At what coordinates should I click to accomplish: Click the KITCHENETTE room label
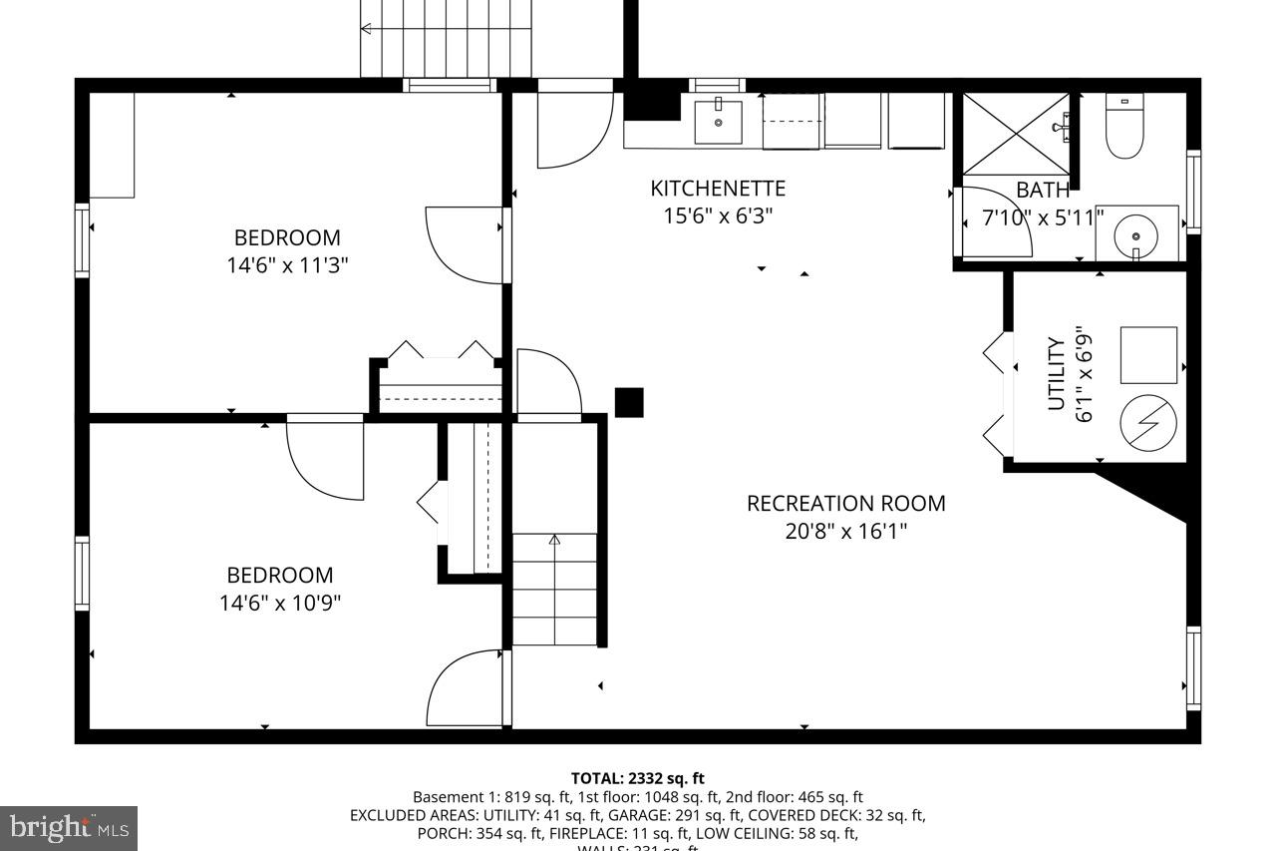[x=718, y=189]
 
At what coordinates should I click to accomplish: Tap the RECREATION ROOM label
[x=845, y=504]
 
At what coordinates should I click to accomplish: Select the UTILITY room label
[x=1057, y=373]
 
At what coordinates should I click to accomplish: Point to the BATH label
[x=1043, y=190]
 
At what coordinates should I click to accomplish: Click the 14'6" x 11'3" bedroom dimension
[x=287, y=265]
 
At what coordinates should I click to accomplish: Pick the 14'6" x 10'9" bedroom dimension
[x=280, y=603]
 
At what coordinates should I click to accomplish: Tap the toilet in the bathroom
[x=1124, y=129]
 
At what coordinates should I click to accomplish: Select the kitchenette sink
[x=718, y=122]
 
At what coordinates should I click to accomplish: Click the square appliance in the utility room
[x=1148, y=355]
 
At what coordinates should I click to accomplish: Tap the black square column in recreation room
[x=629, y=402]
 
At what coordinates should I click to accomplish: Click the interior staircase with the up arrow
[x=554, y=589]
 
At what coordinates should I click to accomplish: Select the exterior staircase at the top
[x=447, y=38]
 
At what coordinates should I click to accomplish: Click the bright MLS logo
[x=68, y=827]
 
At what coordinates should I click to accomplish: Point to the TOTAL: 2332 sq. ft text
[x=638, y=778]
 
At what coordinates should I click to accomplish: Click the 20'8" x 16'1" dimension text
[x=845, y=531]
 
